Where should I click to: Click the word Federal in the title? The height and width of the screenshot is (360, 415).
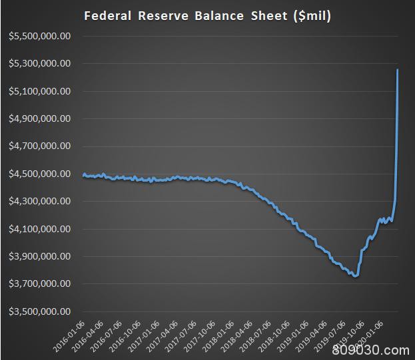click(109, 16)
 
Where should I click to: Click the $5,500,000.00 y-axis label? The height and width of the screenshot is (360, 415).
click(40, 36)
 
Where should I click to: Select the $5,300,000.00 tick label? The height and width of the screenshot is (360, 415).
click(40, 64)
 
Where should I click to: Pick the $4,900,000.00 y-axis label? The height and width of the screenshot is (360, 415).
click(40, 118)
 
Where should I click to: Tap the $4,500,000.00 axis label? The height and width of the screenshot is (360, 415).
click(40, 174)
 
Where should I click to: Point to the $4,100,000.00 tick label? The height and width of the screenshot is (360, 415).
click(40, 229)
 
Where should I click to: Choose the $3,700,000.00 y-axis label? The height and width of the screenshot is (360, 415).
click(40, 284)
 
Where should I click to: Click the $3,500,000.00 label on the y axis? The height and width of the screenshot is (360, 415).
click(40, 311)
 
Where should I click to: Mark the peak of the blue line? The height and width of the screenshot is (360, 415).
click(398, 69)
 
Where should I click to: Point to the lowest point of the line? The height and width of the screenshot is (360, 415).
click(356, 276)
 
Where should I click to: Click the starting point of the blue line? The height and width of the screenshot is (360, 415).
click(83, 175)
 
